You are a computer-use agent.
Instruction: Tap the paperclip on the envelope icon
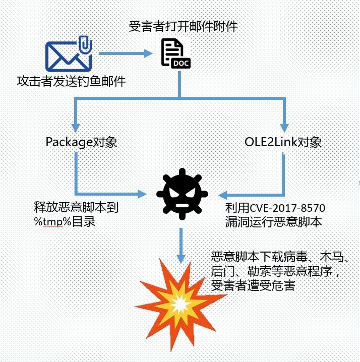86,45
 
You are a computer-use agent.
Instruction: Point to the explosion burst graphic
178,302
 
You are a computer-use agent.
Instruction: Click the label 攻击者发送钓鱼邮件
71,80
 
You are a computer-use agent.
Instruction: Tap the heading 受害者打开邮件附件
183,26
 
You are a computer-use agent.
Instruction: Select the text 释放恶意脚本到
75,208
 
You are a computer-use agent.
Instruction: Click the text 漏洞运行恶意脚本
271,221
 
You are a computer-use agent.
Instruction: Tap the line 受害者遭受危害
253,286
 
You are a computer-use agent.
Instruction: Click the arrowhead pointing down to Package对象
75,126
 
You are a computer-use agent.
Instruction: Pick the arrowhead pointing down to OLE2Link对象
284,126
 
